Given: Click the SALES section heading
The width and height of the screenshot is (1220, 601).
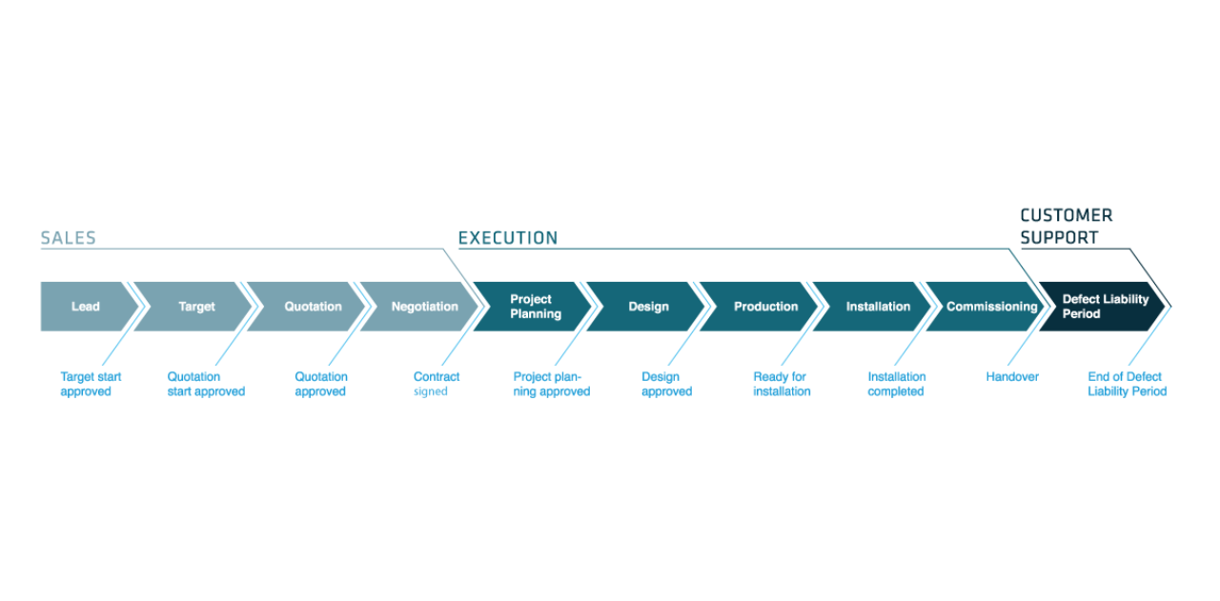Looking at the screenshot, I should click(68, 238).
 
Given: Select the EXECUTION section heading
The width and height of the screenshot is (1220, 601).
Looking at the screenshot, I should click(507, 238).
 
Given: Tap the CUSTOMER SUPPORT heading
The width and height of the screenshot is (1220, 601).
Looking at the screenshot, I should click(1066, 227).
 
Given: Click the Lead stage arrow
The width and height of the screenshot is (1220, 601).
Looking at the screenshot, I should click(86, 307).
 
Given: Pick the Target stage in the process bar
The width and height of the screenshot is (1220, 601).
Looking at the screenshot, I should click(196, 307).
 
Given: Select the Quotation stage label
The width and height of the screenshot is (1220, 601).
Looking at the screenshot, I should click(313, 307).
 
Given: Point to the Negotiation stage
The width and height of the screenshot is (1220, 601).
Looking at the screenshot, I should click(424, 307).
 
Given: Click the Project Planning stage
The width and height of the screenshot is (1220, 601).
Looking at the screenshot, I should click(535, 307).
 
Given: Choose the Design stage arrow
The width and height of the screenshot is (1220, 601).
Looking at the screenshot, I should click(648, 307).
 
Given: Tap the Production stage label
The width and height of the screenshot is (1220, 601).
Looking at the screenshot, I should click(765, 307).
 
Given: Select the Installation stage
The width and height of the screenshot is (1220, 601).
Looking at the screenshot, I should click(878, 307).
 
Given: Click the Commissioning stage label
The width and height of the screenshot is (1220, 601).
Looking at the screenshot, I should click(991, 307).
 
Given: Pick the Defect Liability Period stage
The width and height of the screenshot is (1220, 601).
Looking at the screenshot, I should click(1105, 307).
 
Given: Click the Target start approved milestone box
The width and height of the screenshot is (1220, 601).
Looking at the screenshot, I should click(91, 383).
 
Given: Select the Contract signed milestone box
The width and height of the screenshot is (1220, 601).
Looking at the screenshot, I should click(437, 383).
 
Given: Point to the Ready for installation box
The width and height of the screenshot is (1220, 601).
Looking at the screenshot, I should click(782, 383).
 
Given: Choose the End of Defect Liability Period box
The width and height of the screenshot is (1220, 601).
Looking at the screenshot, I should click(1127, 383).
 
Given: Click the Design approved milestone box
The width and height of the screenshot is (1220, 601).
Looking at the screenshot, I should click(666, 383).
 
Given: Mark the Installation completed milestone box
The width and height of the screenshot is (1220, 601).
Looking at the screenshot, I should click(897, 383).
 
